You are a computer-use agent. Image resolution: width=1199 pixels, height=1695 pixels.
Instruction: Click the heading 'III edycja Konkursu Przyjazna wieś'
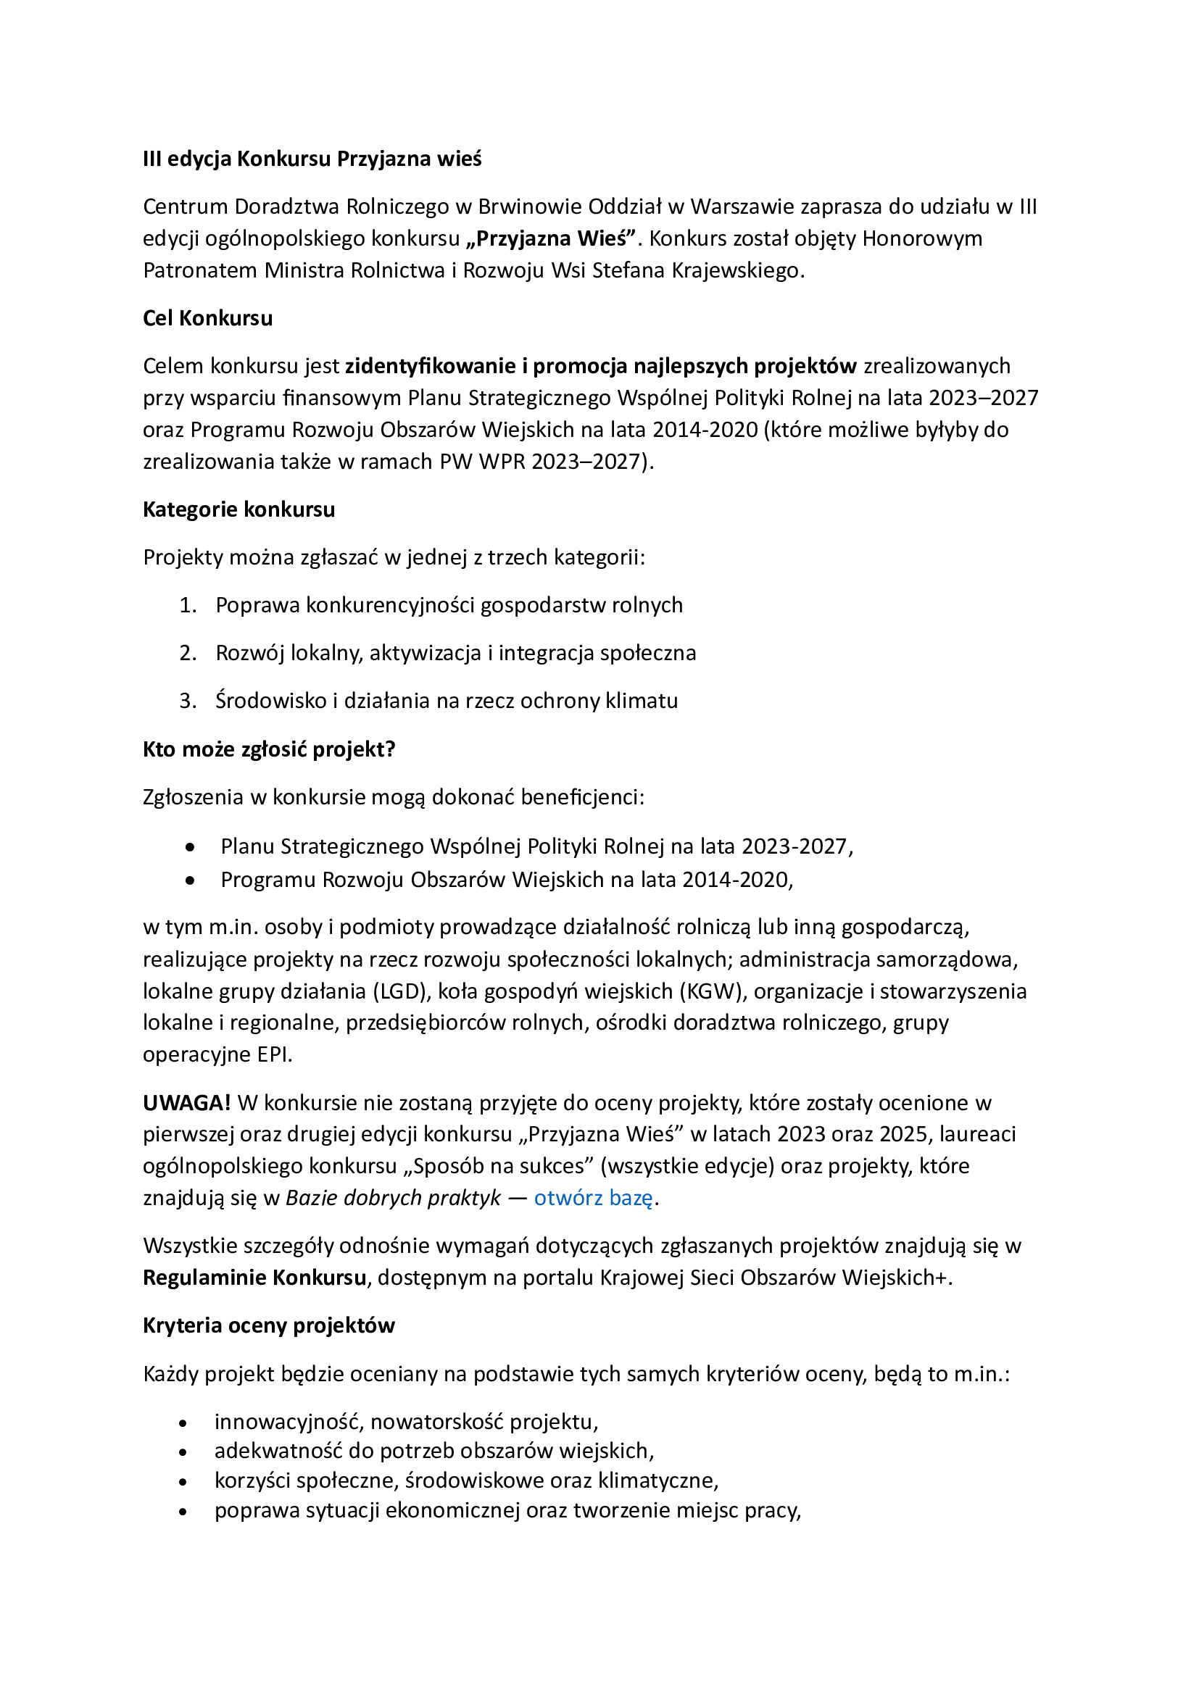point(312,159)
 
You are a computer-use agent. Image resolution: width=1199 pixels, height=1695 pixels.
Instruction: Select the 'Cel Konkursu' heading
point(207,318)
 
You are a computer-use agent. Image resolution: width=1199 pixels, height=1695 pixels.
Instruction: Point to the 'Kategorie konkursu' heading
point(238,509)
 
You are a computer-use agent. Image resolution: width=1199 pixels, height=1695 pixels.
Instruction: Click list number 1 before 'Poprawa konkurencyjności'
point(188,605)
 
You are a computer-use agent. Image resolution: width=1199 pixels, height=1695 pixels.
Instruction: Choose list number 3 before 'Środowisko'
point(188,701)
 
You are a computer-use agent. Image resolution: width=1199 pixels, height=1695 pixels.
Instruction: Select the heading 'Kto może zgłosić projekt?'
point(269,749)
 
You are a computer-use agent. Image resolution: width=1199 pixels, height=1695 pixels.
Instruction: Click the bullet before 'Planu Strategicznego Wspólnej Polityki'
point(191,848)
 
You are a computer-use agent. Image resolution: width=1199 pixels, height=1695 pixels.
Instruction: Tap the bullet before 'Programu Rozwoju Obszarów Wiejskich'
point(191,880)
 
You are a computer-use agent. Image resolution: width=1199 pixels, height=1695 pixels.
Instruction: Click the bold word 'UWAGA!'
point(187,1103)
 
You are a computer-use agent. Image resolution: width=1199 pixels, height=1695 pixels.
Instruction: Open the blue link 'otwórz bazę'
point(593,1198)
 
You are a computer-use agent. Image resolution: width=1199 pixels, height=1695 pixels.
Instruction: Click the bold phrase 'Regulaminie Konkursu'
point(254,1278)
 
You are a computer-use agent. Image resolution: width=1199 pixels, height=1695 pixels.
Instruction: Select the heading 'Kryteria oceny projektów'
point(269,1326)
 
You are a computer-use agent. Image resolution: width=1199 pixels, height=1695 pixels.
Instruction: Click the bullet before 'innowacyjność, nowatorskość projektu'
point(183,1423)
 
